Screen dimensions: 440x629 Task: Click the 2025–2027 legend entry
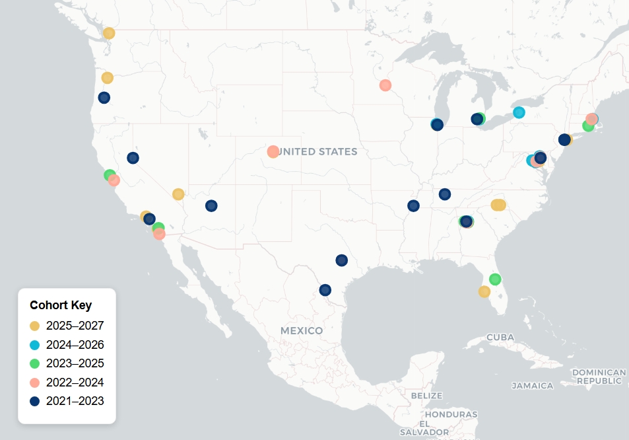click(x=75, y=326)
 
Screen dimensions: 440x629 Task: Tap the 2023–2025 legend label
click(x=75, y=363)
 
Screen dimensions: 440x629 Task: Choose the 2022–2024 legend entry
click(x=75, y=382)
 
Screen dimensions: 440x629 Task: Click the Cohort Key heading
click(x=61, y=305)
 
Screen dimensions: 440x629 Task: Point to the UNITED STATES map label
click(x=318, y=152)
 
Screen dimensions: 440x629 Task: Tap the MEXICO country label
click(x=302, y=330)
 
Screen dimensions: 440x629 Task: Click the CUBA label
click(x=500, y=338)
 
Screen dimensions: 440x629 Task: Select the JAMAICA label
click(x=532, y=385)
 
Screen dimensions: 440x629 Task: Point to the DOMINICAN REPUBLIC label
click(x=599, y=376)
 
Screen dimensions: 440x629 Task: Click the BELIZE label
click(x=426, y=395)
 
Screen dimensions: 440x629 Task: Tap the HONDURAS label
click(x=451, y=414)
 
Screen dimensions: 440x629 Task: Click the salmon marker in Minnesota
click(x=385, y=85)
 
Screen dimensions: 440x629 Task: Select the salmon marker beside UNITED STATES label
click(x=273, y=152)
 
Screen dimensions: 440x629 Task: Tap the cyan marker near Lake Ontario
click(x=519, y=112)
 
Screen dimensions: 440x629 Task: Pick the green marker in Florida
click(x=495, y=279)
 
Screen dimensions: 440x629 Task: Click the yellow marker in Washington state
click(x=109, y=33)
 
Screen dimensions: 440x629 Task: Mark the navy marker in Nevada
click(x=133, y=158)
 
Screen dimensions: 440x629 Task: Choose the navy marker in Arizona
click(x=211, y=205)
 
